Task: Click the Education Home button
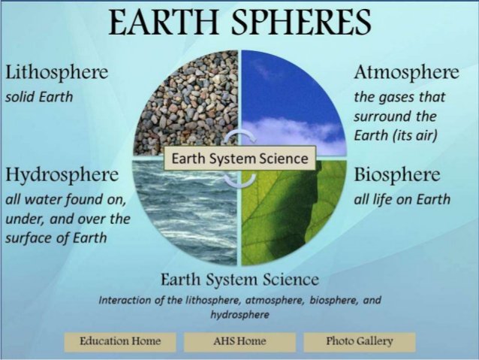(120, 341)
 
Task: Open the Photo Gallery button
(359, 341)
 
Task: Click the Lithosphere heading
(56, 74)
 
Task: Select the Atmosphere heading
(406, 74)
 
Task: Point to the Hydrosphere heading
(62, 176)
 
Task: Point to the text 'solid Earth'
(38, 98)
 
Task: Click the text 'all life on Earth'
(402, 199)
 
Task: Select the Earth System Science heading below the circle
(240, 280)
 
